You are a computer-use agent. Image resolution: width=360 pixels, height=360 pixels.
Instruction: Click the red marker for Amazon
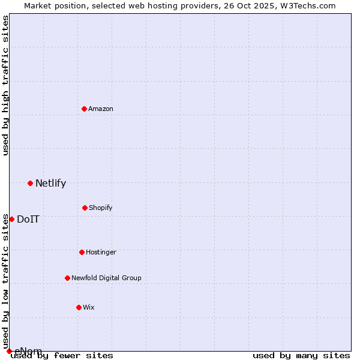tap(84, 109)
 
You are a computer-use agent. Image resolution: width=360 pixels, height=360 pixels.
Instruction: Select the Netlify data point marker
tap(30, 183)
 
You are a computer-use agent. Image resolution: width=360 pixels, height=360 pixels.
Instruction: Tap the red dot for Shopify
tap(85, 208)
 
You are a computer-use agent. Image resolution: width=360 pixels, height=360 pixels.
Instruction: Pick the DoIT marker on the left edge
tap(11, 219)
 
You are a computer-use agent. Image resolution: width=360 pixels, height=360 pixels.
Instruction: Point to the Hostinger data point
tap(82, 252)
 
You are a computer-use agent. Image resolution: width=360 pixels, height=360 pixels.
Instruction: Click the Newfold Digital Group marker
tap(67, 278)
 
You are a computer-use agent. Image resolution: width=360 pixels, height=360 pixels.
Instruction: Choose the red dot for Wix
tap(79, 307)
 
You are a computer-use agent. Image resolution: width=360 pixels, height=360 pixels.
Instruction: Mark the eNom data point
tap(9, 351)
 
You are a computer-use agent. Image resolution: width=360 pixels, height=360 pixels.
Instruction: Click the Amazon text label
tap(101, 109)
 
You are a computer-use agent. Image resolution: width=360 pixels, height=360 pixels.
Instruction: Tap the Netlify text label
tap(50, 184)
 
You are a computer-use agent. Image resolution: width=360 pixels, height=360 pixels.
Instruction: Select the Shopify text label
tap(101, 208)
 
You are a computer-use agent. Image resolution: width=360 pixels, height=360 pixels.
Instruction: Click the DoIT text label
tap(28, 220)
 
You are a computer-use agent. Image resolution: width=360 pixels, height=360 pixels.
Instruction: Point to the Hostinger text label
tap(101, 252)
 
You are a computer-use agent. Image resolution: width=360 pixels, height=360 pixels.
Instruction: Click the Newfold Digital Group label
tap(106, 278)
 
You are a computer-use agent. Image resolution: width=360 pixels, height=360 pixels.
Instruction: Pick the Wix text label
tap(89, 307)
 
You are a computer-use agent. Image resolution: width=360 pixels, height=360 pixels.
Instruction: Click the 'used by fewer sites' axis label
tap(62, 356)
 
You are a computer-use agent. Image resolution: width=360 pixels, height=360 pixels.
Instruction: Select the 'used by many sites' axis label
tap(301, 356)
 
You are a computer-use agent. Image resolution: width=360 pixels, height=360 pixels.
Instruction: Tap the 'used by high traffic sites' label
tap(6, 85)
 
